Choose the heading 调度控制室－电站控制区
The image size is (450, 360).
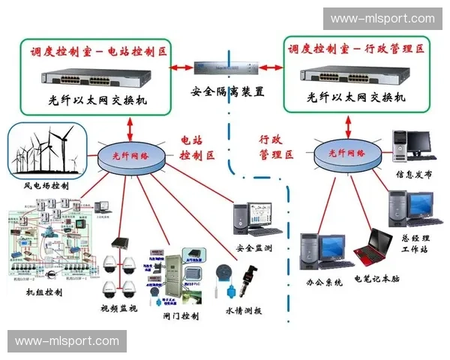click(x=97, y=51)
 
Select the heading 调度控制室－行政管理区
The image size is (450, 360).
click(x=356, y=49)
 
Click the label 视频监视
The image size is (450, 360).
click(x=120, y=307)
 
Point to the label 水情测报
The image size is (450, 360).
click(x=243, y=310)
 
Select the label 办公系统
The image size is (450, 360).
click(x=324, y=282)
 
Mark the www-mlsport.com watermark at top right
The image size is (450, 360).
click(x=382, y=18)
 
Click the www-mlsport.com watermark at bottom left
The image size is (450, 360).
click(x=67, y=341)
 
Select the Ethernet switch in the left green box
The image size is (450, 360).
click(x=94, y=76)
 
